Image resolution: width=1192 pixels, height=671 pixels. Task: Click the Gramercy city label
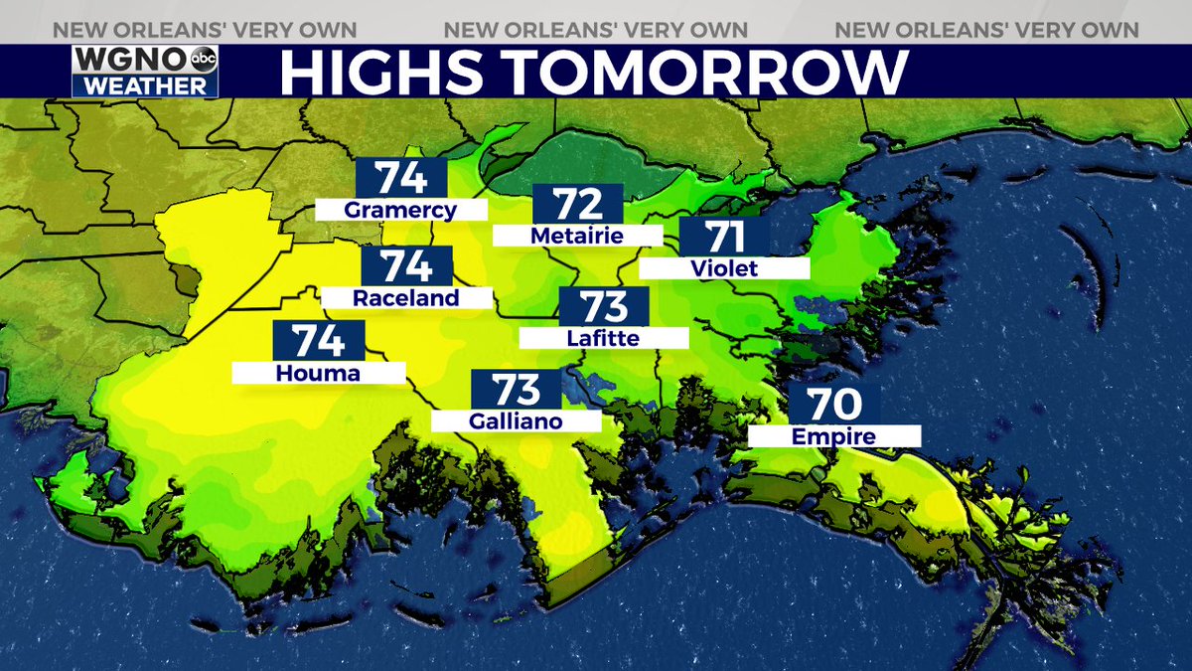[x=400, y=210]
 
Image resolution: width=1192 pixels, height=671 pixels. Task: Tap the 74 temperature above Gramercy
[x=401, y=178]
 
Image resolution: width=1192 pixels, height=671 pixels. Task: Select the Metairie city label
[x=577, y=236]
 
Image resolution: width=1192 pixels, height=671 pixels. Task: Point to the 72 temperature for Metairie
[x=578, y=204]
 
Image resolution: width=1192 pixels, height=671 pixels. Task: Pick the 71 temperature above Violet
[x=724, y=238]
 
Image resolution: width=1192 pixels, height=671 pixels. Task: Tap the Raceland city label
[x=406, y=298]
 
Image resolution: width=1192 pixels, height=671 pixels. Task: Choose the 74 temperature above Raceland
[x=407, y=267]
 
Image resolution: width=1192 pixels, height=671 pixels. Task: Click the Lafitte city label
[x=603, y=338]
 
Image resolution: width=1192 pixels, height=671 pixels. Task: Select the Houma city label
[x=319, y=373]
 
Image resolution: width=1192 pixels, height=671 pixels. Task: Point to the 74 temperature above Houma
[x=319, y=341]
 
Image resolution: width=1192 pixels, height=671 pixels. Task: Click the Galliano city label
[x=516, y=421]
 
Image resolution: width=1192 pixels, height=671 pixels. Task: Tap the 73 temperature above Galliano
[x=516, y=390]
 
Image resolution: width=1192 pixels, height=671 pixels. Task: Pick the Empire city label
[x=833, y=436]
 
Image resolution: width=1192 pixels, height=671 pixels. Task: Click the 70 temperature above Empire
[x=833, y=405]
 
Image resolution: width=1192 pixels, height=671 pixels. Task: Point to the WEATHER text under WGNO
[x=145, y=85]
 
